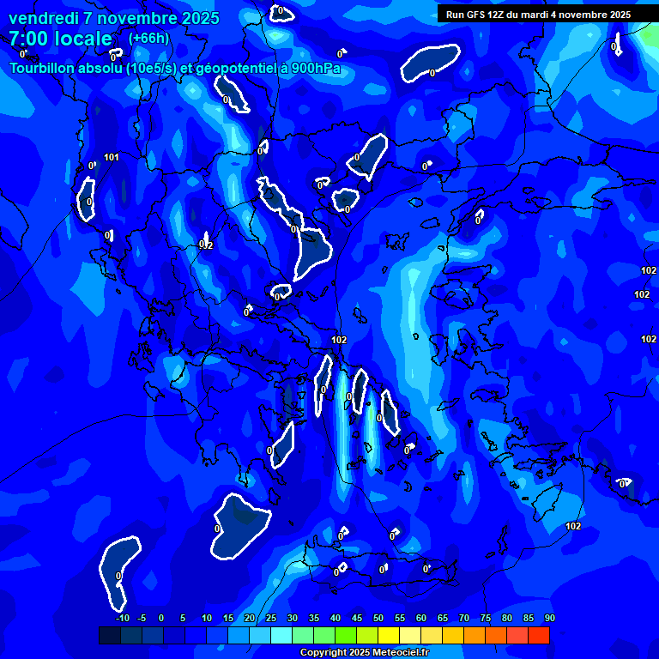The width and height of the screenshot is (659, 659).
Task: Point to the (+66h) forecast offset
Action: click(148, 39)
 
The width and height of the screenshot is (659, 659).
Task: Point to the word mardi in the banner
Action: click(548, 15)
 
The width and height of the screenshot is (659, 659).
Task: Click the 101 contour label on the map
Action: click(112, 157)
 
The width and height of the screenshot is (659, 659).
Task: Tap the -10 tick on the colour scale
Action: click(123, 618)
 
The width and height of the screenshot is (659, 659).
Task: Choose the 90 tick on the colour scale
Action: click(549, 618)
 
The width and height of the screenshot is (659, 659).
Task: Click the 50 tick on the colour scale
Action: click(378, 618)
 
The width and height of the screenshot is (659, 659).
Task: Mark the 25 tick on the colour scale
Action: click(270, 618)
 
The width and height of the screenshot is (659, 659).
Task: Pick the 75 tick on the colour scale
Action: click(485, 618)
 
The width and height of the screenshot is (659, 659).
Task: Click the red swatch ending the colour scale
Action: click(538, 635)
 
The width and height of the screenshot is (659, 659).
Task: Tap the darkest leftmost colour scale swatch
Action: click(110, 635)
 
